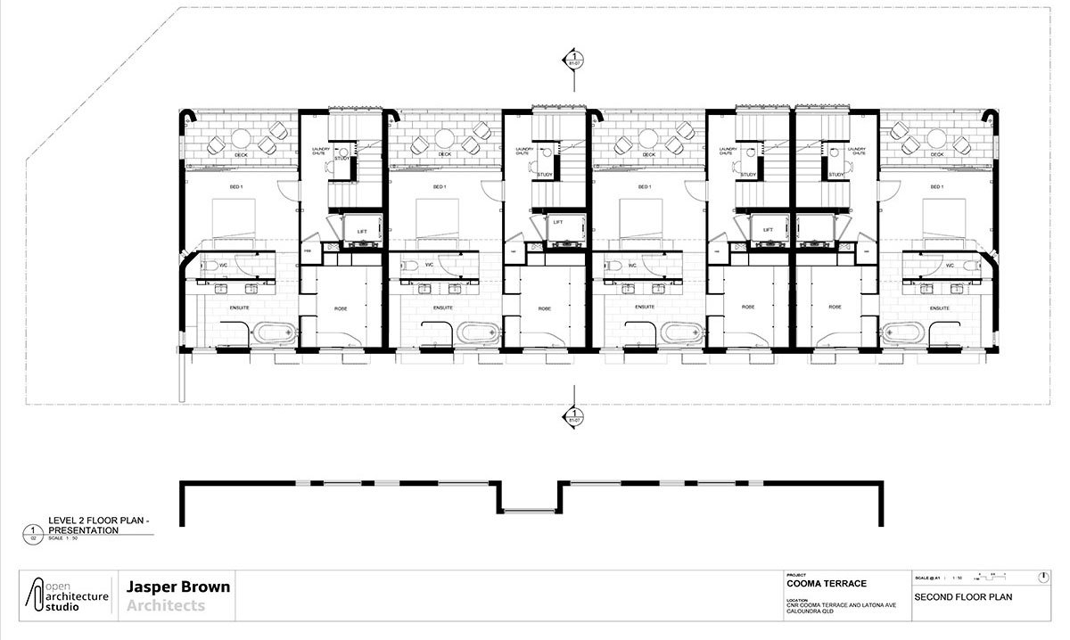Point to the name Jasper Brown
[x=178, y=587]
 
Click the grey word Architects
[x=166, y=606]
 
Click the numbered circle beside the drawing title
[x=33, y=535]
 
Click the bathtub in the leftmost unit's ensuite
[x=270, y=334]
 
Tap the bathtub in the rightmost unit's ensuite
[x=902, y=334]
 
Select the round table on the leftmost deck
[x=242, y=137]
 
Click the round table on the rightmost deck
[x=935, y=137]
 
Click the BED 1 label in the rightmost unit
[x=935, y=187]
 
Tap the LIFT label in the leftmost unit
[x=362, y=231]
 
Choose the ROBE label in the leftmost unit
[x=341, y=308]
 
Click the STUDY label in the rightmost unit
[x=835, y=175]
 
